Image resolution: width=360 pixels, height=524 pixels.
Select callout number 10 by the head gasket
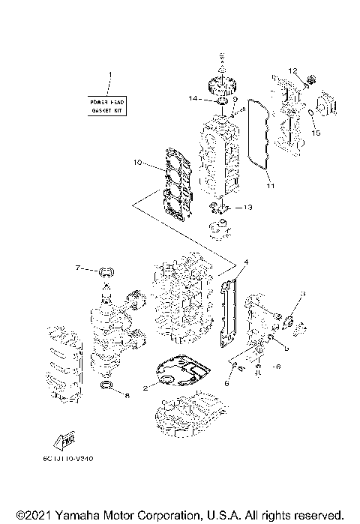pyautogui.click(x=137, y=162)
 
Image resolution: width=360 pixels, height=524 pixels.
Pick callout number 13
pyautogui.click(x=249, y=207)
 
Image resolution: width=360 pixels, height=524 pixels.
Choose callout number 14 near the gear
pyautogui.click(x=193, y=99)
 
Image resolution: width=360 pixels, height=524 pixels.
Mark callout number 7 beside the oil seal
pyautogui.click(x=77, y=268)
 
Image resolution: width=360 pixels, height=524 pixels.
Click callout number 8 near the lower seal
pyautogui.click(x=126, y=394)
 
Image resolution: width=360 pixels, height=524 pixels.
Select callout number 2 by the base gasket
pyautogui.click(x=147, y=386)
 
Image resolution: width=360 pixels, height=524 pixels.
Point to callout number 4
pyautogui.click(x=245, y=262)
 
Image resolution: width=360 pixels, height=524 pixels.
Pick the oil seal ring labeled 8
pyautogui.click(x=108, y=387)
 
